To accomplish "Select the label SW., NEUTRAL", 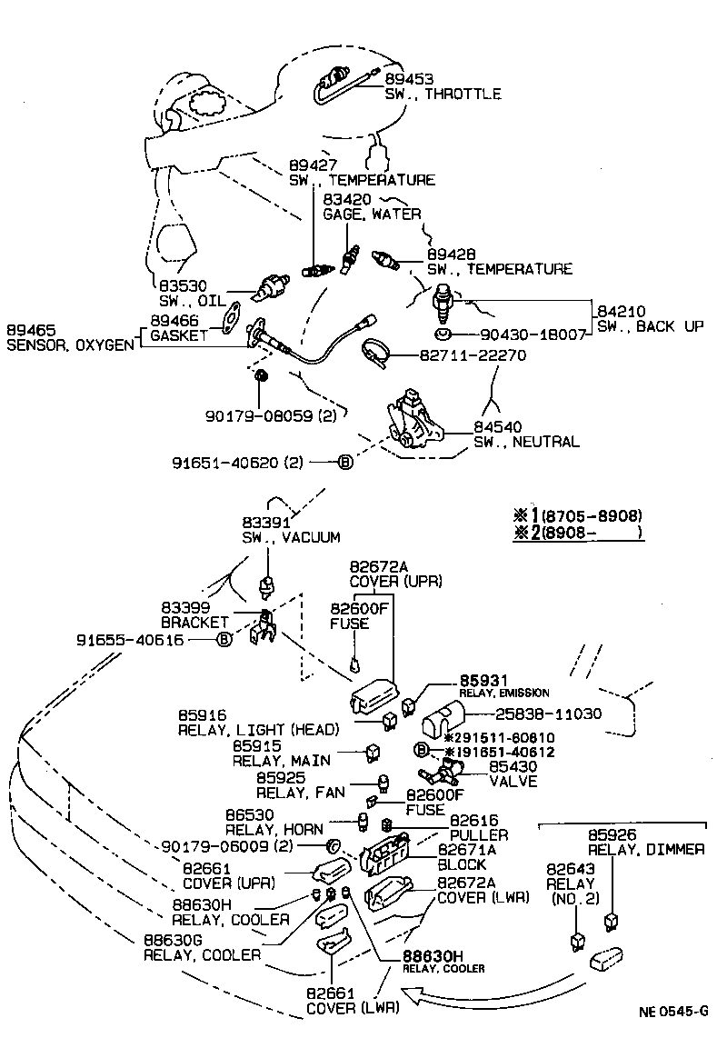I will pos(526,442).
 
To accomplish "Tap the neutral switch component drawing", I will pos(413,422).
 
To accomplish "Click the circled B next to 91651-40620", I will pos(345,463).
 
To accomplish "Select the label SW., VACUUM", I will pos(291,537).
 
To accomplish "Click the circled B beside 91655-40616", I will pos(224,640).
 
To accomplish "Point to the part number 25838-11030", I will pos(547,714).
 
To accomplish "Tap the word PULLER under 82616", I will pos(479,834).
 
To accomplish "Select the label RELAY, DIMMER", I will pos(646,849).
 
